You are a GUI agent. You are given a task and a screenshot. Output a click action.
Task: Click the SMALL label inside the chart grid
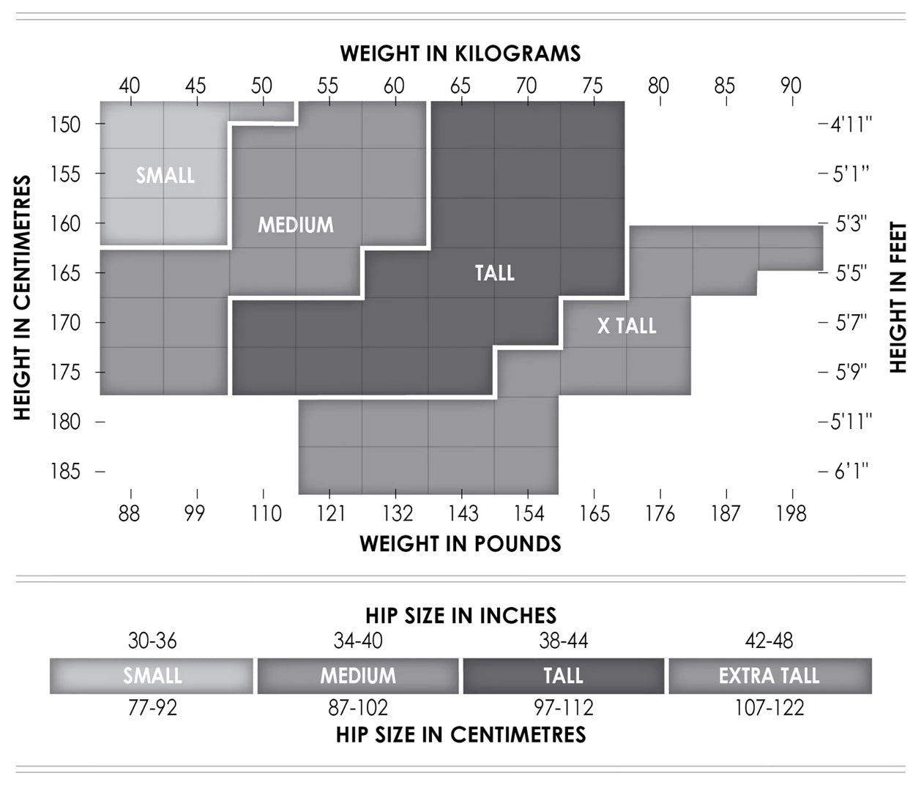[x=165, y=176]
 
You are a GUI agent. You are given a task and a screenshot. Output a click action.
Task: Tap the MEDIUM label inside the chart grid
[x=295, y=225]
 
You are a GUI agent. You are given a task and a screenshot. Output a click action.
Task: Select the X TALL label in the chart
[x=627, y=326]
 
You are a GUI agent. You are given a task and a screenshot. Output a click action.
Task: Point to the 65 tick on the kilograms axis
[x=460, y=86]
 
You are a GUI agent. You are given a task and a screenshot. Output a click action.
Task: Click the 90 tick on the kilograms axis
[x=791, y=86]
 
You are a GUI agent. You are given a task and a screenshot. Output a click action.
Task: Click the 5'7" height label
[x=851, y=322]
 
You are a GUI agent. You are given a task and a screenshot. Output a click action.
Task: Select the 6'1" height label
[x=851, y=471]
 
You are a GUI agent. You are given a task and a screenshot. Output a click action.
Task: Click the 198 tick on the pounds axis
[x=791, y=514]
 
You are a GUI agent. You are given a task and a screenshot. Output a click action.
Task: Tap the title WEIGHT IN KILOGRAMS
[x=460, y=53]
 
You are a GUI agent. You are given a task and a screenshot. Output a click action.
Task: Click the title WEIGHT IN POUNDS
[x=460, y=544]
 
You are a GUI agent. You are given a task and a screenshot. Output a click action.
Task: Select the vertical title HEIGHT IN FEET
[x=898, y=297]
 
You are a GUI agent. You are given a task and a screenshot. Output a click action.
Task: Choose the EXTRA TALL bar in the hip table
[x=769, y=676]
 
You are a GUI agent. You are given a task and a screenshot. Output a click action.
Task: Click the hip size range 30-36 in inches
[x=152, y=641]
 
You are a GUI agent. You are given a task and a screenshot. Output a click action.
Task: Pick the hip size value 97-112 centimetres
[x=563, y=708]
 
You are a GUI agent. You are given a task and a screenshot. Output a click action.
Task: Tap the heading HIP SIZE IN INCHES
[x=461, y=616]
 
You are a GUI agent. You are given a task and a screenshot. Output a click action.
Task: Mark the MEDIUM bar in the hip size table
[x=358, y=676]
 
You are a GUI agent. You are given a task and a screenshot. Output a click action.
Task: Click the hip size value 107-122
[x=769, y=708]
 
